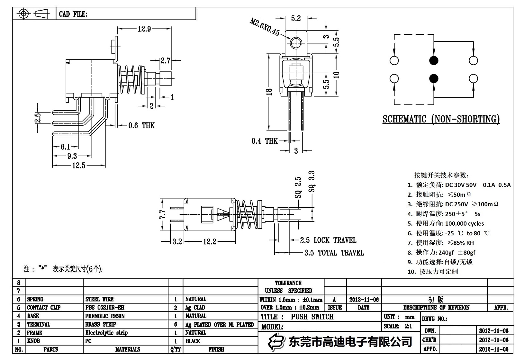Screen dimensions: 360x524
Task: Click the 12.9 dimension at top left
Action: [144, 29]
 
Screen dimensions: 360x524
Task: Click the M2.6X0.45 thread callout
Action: [265, 27]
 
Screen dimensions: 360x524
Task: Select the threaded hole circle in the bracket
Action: [296, 42]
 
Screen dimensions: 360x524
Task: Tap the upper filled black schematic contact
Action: [434, 60]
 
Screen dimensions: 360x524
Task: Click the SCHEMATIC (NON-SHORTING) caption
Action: [441, 119]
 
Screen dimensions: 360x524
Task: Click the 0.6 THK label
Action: [141, 125]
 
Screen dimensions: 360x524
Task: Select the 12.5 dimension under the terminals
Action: [79, 166]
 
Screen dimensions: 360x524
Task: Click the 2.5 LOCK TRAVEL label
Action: [328, 240]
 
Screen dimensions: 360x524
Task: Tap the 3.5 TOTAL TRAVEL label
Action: [334, 253]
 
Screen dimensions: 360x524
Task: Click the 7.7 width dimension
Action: [163, 214]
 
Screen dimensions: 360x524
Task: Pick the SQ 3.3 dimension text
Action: [312, 182]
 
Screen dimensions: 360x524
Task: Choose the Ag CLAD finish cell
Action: [195, 308]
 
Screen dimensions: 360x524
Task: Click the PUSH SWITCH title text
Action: [312, 317]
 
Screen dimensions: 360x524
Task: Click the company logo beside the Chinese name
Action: [277, 341]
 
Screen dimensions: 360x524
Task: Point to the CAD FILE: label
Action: [73, 14]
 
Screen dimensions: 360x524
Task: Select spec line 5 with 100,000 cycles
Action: [446, 223]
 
